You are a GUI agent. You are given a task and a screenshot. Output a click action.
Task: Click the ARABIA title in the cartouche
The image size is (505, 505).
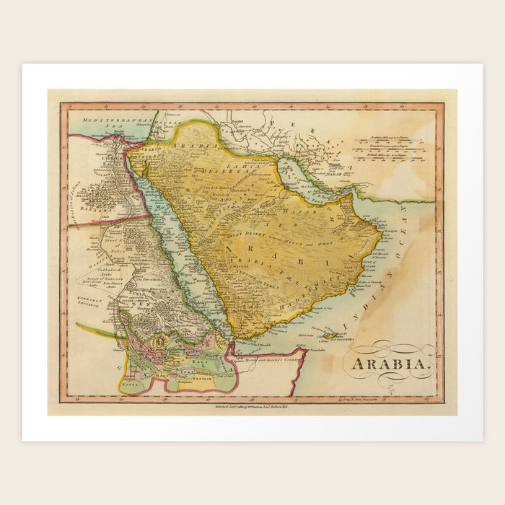tap(392, 363)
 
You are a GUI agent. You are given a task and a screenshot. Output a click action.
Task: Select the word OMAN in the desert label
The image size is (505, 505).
tap(315, 244)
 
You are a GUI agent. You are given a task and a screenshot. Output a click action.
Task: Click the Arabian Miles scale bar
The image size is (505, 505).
tap(392, 137)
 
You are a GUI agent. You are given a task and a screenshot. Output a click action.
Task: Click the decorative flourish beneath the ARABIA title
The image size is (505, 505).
tap(393, 379)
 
